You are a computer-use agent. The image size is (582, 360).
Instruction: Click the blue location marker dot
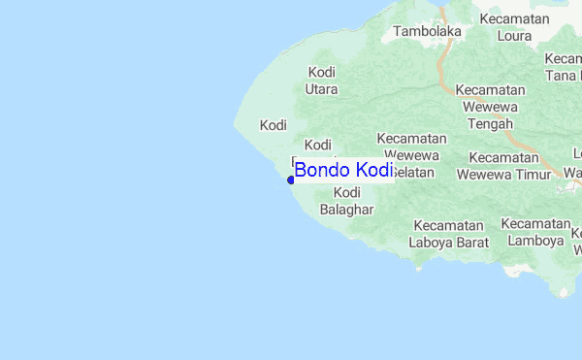tap(291, 180)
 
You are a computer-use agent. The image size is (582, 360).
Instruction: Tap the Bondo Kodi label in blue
tap(343, 171)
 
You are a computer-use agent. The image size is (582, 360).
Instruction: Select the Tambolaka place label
tap(427, 31)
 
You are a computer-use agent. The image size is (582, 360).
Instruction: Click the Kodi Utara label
tap(322, 81)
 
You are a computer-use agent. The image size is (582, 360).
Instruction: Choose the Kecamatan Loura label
tap(506, 28)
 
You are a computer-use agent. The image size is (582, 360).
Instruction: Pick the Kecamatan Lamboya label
tap(534, 232)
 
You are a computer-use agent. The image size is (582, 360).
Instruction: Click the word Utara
tap(322, 89)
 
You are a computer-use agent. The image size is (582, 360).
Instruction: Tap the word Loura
tap(514, 37)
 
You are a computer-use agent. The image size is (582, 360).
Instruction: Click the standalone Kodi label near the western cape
tap(274, 125)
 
